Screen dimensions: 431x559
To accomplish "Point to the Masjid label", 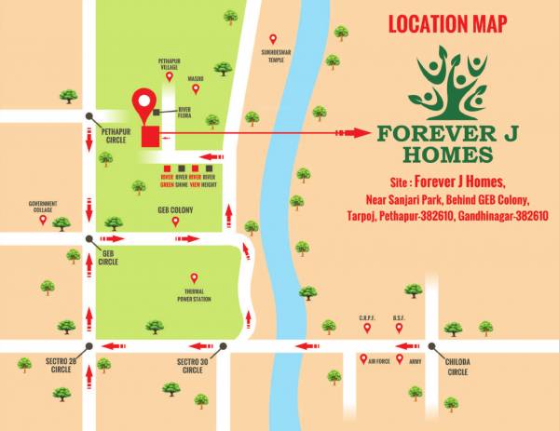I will pyautogui.click(x=197, y=78).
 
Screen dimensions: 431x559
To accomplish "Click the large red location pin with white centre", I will pyautogui.click(x=144, y=104).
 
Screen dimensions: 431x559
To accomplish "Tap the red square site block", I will pyautogui.click(x=149, y=137).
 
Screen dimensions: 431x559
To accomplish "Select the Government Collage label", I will pyautogui.click(x=43, y=206).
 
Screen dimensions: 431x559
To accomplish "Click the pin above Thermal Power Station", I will pyautogui.click(x=194, y=277).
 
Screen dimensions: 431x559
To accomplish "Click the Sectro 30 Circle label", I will pyautogui.click(x=193, y=366).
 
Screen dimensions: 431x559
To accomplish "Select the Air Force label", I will pyautogui.click(x=378, y=359).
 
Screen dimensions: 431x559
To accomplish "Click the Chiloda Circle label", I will pyautogui.click(x=457, y=366).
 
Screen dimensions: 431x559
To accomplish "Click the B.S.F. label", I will pyautogui.click(x=399, y=318).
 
